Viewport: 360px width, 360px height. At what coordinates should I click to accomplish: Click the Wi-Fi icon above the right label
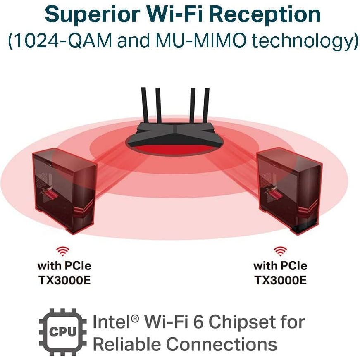(280, 251)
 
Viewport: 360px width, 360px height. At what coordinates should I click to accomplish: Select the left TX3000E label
(64, 280)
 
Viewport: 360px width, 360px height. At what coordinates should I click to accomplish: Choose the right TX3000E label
(280, 280)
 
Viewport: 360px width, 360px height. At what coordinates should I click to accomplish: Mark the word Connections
(223, 344)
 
